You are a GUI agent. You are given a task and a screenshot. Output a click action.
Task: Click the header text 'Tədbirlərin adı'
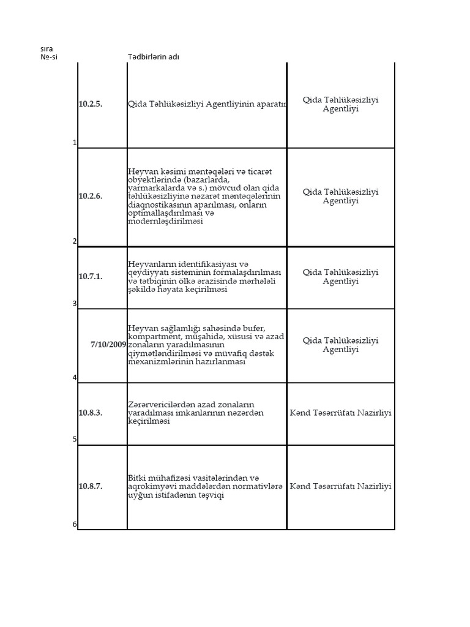(x=154, y=57)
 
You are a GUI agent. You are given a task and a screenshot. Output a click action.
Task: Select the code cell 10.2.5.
(x=91, y=104)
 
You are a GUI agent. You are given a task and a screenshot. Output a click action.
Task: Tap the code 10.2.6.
(x=91, y=196)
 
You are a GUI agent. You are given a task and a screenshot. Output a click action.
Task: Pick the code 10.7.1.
(x=91, y=276)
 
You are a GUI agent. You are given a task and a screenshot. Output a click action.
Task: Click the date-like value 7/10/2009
(x=108, y=344)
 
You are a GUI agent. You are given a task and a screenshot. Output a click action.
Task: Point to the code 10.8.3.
(x=91, y=413)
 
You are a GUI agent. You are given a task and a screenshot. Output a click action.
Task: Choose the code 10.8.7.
(x=91, y=486)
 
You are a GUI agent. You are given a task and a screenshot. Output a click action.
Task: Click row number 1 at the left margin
(x=75, y=143)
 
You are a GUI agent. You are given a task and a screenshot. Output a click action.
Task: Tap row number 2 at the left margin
(x=75, y=241)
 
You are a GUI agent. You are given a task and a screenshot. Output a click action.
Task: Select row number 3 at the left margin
(x=75, y=304)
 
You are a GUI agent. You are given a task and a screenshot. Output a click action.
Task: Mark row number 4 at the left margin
(x=75, y=378)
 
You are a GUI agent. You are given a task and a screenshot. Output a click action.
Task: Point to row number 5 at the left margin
(x=75, y=440)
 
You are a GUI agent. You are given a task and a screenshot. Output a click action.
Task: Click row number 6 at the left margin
(x=75, y=524)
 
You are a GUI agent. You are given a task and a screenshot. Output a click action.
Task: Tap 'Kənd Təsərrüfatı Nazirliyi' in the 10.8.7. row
(x=340, y=486)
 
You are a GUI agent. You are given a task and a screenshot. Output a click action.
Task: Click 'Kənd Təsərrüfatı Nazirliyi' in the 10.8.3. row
(x=340, y=413)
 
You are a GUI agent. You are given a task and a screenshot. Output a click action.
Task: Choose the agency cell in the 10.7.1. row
(x=340, y=277)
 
